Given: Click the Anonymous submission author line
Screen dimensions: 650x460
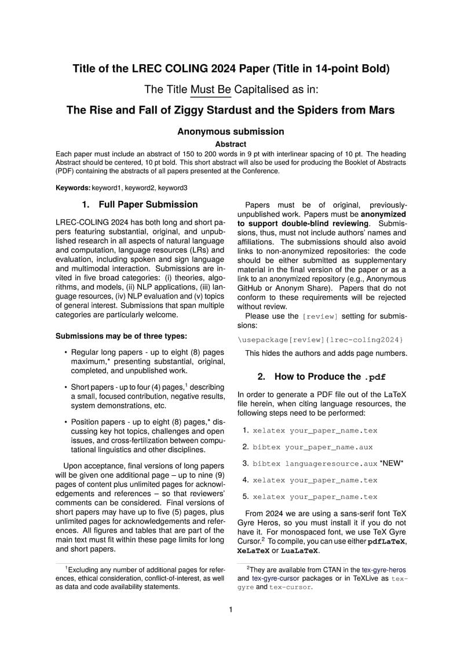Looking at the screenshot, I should point(231,131).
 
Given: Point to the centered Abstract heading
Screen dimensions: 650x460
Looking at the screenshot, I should point(231,144).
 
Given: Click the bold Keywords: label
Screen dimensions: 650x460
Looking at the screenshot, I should point(73,188).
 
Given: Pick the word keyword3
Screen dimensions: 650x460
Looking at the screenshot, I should point(173,188).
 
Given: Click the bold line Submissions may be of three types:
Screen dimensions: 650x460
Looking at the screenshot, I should point(121,336).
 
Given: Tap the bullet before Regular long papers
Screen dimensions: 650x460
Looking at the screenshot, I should point(65,352).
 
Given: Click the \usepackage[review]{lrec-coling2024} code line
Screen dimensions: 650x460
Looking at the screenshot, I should point(320,339).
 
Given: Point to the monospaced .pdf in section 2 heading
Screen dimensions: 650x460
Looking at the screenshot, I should point(375,377).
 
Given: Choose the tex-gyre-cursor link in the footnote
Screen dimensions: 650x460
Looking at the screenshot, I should point(272,578).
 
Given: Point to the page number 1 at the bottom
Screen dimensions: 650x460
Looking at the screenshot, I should point(231,609).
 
